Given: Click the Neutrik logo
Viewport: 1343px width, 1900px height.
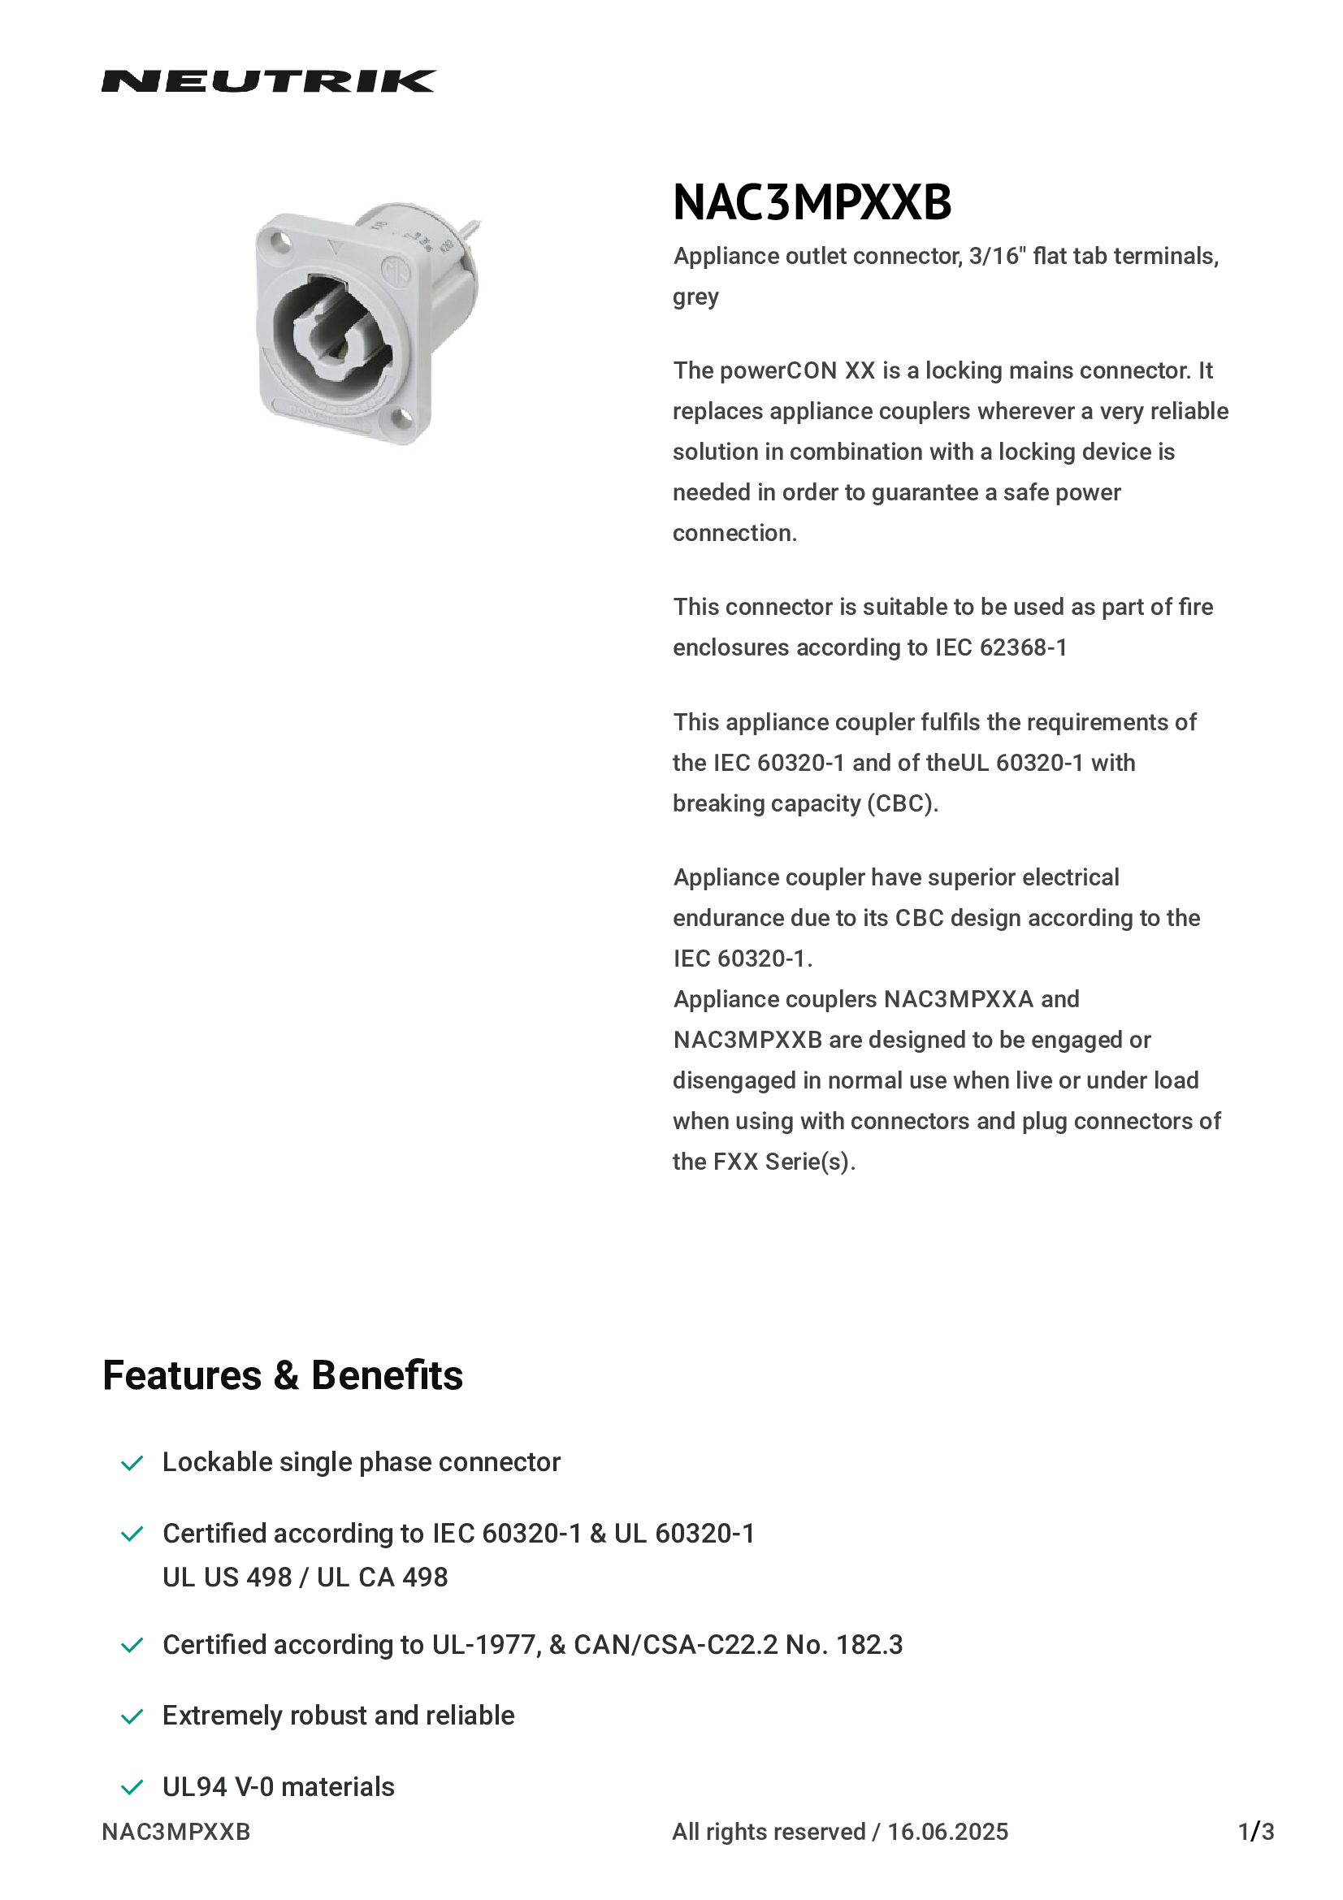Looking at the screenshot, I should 268,81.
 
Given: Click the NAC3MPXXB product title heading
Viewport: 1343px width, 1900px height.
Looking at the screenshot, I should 812,202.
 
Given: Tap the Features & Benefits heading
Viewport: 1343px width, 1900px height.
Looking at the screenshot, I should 282,1375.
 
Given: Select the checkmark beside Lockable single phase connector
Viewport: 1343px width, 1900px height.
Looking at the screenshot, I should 132,1463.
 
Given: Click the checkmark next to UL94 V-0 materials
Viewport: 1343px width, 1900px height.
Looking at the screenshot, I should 132,1787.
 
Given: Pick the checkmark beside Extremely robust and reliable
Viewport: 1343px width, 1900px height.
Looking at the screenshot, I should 132,1716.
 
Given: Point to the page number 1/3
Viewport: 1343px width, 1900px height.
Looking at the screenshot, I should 1255,1831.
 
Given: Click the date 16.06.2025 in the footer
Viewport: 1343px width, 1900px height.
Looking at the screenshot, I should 947,1831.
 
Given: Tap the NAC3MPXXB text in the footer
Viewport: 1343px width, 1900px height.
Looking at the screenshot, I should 176,1831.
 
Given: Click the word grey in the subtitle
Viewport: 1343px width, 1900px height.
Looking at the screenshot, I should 695,297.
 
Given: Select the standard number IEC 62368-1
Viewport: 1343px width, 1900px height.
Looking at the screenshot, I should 1000,647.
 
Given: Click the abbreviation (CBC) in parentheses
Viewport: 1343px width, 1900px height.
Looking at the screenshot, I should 902,803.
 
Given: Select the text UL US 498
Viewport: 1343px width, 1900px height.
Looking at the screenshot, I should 227,1578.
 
